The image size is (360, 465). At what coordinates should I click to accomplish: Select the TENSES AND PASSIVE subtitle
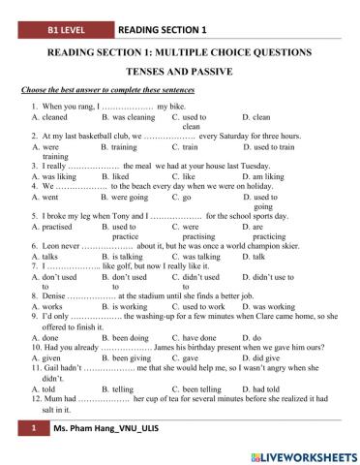(x=179, y=71)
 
